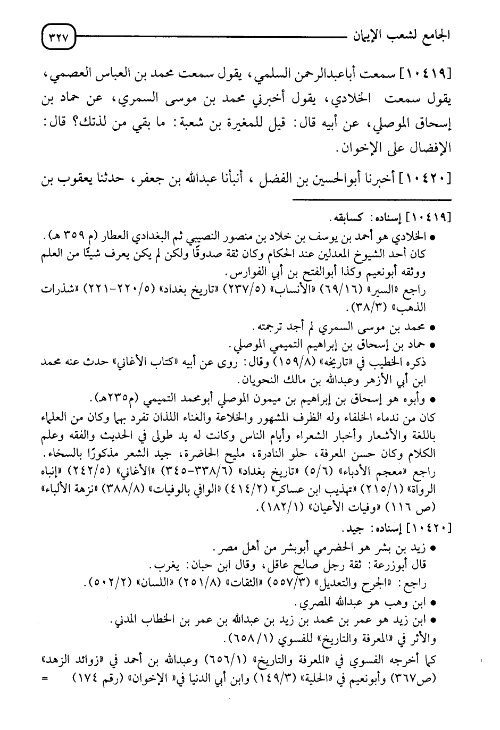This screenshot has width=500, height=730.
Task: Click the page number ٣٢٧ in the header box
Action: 59,39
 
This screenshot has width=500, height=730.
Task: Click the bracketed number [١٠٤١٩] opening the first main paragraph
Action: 430,73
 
